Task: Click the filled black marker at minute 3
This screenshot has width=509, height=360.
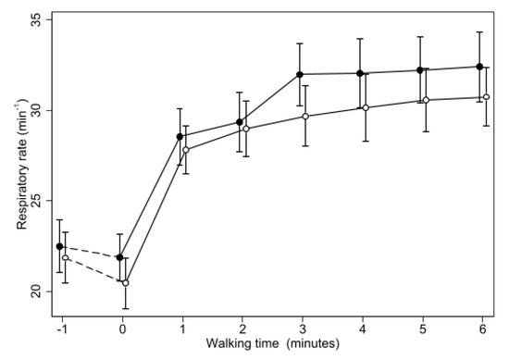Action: [x=300, y=74]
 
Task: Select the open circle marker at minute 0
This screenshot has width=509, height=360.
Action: [x=126, y=282]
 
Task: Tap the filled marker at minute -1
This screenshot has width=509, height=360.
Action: [x=60, y=246]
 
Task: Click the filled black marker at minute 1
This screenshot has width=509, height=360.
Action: [x=180, y=137]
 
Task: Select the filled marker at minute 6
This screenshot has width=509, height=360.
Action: [x=479, y=67]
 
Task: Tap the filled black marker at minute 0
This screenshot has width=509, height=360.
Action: [x=120, y=257]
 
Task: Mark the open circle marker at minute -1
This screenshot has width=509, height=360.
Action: [x=66, y=257]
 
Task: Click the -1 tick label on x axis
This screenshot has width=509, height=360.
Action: [x=61, y=329]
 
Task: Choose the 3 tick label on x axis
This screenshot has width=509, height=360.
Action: [x=302, y=329]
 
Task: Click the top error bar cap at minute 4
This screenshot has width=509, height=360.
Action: [x=360, y=39]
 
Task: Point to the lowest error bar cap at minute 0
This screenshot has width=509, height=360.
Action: [x=126, y=308]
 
